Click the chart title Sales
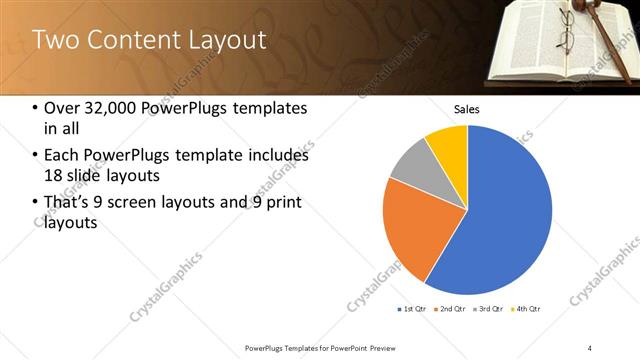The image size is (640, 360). point(467,108)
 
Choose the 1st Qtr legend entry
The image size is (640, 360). point(412,309)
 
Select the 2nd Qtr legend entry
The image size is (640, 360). point(449,309)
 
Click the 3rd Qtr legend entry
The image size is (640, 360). point(487,309)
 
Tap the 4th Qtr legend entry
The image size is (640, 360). point(525,309)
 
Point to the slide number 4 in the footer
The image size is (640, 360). point(590,347)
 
